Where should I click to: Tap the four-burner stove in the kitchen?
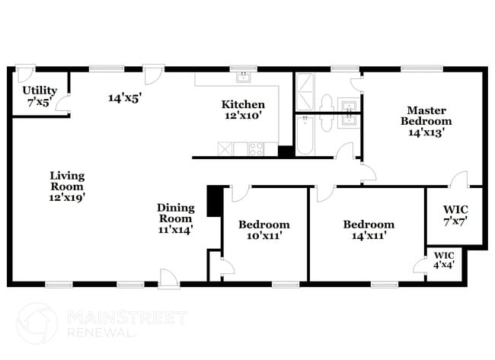click(256, 148)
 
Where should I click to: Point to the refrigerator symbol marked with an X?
click(225, 148)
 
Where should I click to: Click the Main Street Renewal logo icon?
click(36, 322)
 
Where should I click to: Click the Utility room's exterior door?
click(25, 74)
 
